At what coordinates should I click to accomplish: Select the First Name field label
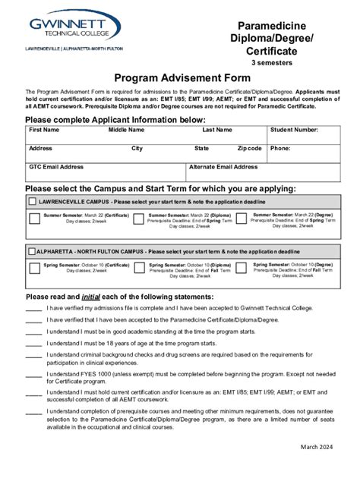(44, 131)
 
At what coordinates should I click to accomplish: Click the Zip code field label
(249, 149)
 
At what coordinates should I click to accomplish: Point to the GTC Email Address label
(56, 167)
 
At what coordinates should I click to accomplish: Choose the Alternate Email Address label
(223, 167)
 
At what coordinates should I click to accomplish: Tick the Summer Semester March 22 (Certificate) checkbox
(34, 219)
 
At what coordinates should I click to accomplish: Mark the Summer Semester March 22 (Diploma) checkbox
(137, 219)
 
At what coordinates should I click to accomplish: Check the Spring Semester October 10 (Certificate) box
(34, 267)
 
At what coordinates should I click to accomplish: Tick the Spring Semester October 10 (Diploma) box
(137, 267)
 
